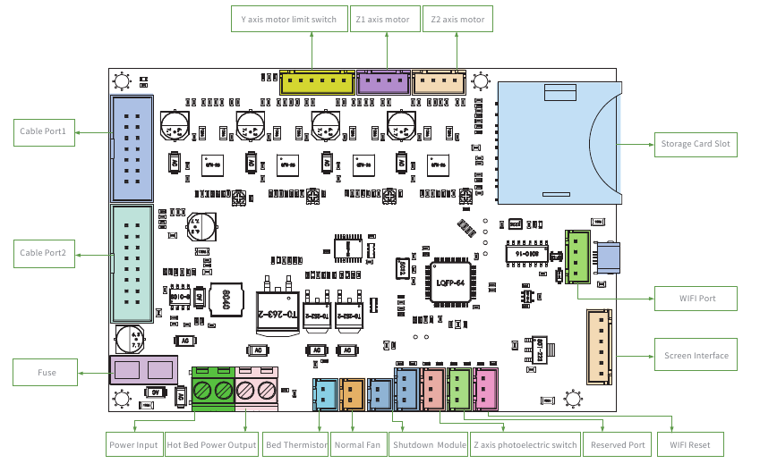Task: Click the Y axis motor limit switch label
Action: point(289,19)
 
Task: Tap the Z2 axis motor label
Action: point(457,19)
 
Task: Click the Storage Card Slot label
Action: point(695,144)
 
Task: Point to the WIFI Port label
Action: point(695,298)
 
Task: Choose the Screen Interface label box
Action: point(696,355)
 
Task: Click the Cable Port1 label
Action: point(44,131)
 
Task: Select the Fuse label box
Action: point(47,372)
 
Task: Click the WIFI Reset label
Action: point(690,444)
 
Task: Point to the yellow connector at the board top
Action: point(317,83)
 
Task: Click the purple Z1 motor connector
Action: point(383,83)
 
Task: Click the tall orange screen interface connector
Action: point(598,346)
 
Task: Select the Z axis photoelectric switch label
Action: point(525,444)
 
